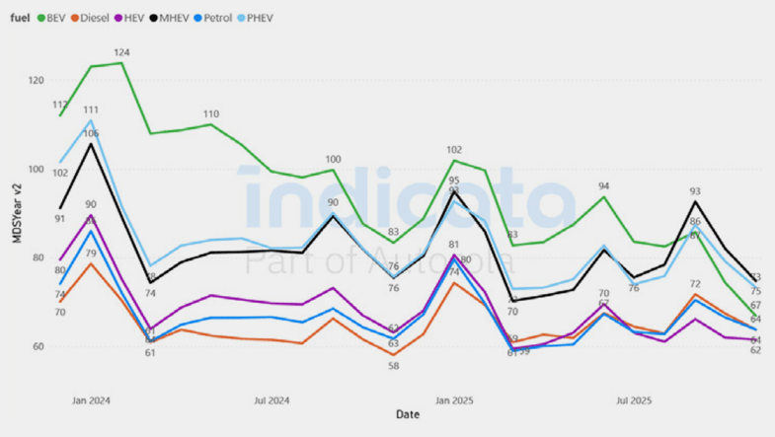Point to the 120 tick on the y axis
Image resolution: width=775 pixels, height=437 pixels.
[38, 80]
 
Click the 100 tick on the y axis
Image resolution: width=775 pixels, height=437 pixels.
[38, 169]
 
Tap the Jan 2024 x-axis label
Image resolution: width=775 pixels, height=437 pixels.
[91, 401]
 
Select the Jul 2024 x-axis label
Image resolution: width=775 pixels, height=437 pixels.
[271, 401]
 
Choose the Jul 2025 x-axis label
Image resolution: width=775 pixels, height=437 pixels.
[634, 401]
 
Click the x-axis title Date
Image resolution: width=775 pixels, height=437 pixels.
[407, 414]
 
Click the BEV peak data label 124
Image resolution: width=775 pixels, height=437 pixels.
[121, 52]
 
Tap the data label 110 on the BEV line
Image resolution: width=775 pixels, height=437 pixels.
[211, 113]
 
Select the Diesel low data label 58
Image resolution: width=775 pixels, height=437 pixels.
[393, 366]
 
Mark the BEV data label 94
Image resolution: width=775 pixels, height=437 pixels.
[603, 185]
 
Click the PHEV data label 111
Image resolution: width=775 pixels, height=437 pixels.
[91, 109]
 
